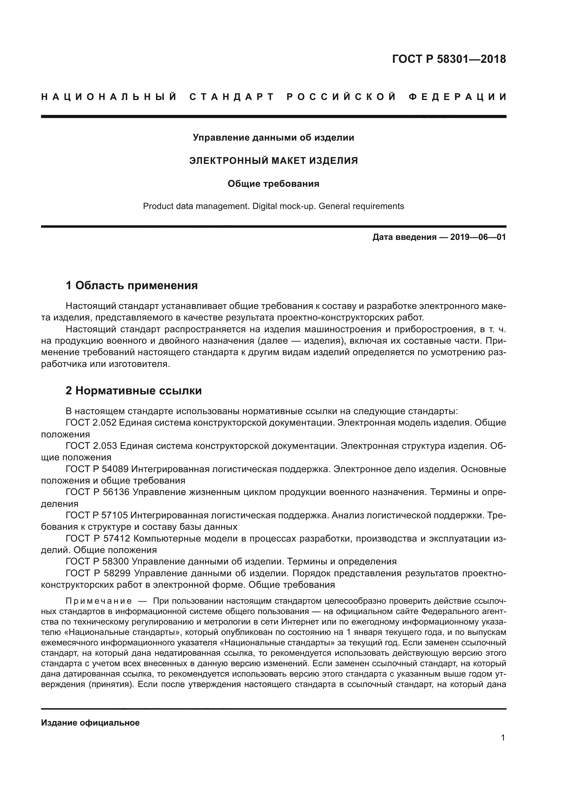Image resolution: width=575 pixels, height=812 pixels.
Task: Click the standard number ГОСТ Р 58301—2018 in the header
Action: (449, 59)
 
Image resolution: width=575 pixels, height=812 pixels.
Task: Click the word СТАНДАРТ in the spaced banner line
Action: (232, 97)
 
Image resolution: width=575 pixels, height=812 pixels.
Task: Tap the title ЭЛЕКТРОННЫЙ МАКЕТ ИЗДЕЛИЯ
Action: (273, 161)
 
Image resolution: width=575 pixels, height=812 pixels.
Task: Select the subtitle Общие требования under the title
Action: (273, 184)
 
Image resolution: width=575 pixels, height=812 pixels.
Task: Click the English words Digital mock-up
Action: (284, 206)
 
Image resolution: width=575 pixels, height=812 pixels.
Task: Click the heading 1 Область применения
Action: (132, 285)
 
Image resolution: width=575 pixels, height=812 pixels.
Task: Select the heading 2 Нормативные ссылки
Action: (134, 391)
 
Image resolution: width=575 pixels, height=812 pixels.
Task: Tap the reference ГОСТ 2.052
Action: (91, 422)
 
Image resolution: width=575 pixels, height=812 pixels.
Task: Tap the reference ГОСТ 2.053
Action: (91, 446)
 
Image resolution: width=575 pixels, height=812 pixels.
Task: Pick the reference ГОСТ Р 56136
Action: (97, 492)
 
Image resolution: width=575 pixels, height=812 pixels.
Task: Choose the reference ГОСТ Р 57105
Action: (97, 516)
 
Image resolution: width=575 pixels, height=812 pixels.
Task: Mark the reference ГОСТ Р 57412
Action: (98, 539)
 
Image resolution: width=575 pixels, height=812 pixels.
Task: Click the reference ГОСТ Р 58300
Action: (97, 562)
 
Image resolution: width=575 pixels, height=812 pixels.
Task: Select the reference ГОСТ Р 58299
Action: (98, 573)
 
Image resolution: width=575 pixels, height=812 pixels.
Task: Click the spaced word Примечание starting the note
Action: (99, 601)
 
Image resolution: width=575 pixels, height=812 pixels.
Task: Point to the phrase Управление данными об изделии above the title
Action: (273, 137)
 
